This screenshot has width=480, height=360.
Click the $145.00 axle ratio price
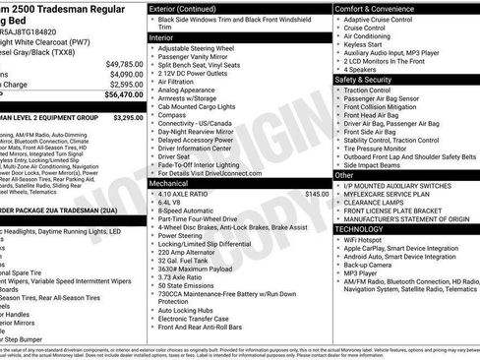317,167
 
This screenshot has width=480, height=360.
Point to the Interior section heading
162,36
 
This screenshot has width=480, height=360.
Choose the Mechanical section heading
170,154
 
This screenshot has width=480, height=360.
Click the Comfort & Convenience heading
379,7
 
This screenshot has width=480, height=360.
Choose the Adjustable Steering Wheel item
197,48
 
